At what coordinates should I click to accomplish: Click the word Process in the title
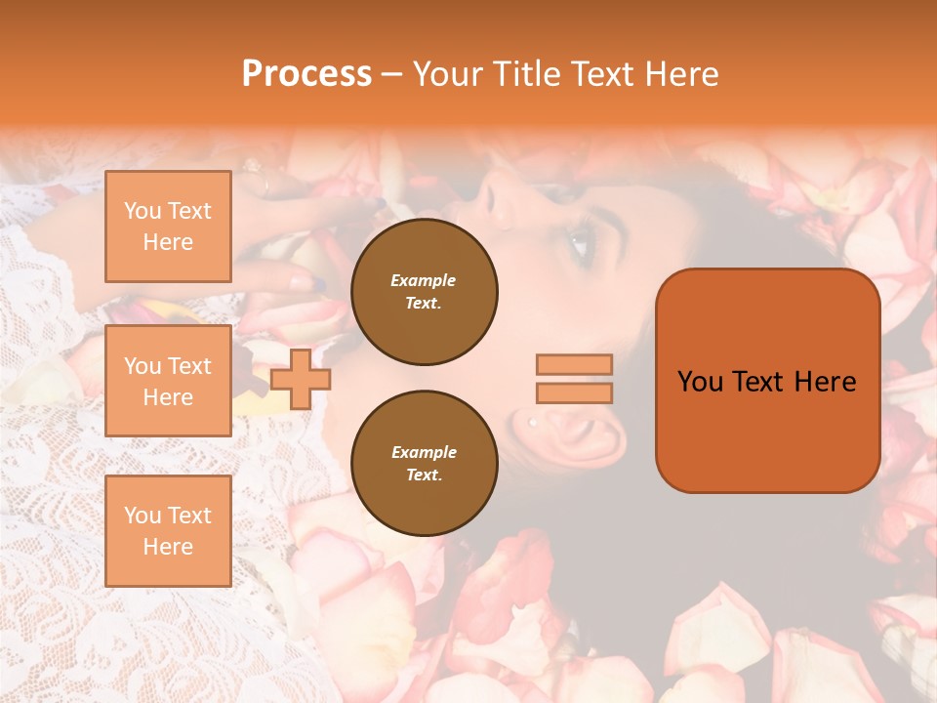point(306,74)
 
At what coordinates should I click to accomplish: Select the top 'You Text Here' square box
point(168,227)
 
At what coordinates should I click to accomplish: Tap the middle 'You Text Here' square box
point(168,381)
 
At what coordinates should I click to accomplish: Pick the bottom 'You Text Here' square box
point(168,530)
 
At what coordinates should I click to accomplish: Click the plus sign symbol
point(301,379)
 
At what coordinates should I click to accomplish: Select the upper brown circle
point(424,292)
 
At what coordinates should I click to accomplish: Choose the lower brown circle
point(424,464)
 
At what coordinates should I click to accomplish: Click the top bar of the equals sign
point(575,364)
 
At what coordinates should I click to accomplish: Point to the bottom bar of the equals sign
point(575,393)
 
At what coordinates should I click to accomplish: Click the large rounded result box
point(767,381)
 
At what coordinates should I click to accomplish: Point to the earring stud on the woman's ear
point(533,422)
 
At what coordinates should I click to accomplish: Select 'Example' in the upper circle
point(424,280)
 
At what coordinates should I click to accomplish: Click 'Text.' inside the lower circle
point(424,476)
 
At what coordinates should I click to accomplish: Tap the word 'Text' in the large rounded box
point(763,382)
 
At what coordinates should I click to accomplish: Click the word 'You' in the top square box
point(141,211)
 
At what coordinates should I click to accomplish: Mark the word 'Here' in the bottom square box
point(168,547)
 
